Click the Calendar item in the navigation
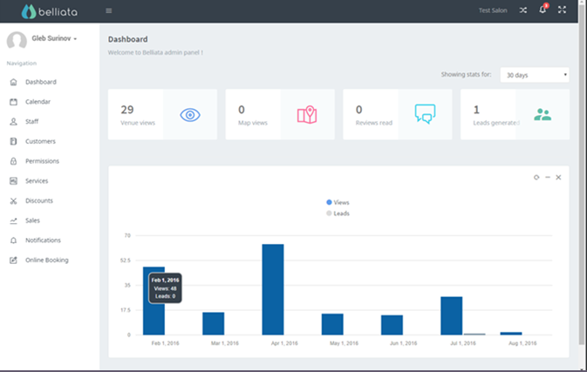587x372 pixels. tap(38, 102)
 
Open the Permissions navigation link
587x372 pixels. tap(41, 161)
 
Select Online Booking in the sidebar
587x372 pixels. tap(46, 260)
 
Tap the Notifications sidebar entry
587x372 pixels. tap(42, 240)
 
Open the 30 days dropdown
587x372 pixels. tap(534, 75)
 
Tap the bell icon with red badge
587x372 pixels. tap(543, 10)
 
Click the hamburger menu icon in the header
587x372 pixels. tap(108, 10)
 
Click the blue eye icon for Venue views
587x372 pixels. tap(190, 114)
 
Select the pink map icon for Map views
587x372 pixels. tap(306, 114)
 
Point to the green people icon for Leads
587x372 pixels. tap(543, 114)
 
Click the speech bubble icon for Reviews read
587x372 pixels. tap(425, 114)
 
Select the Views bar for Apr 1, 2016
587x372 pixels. tap(273, 289)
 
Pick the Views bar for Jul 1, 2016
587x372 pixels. tap(451, 315)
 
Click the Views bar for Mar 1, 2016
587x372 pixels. tap(214, 323)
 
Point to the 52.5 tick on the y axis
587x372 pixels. tap(126, 260)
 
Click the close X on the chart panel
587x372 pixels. tap(558, 177)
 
